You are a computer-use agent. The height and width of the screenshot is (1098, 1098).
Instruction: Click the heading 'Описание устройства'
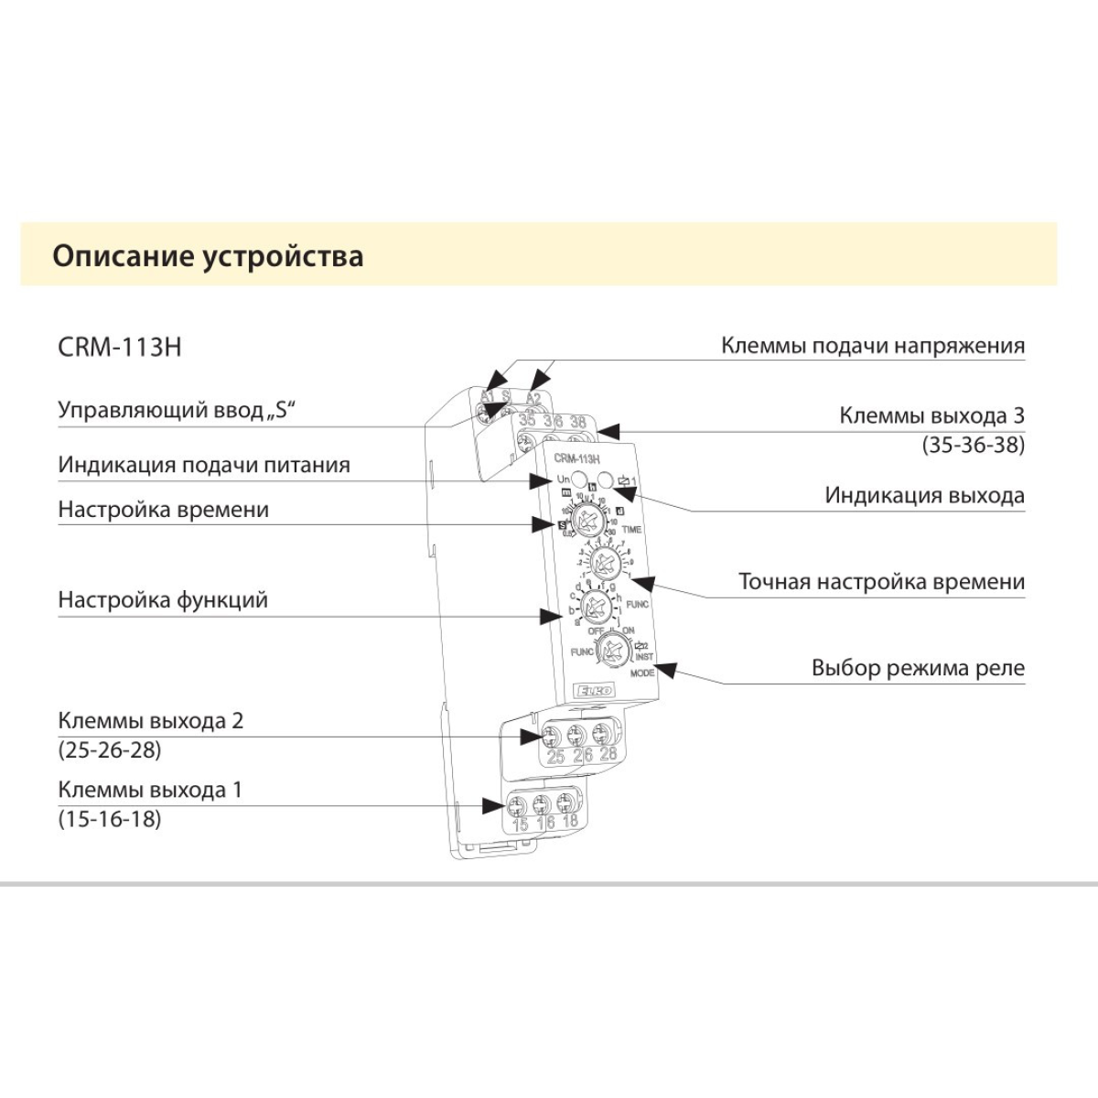point(208,255)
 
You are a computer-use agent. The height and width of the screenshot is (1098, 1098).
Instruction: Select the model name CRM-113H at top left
point(120,348)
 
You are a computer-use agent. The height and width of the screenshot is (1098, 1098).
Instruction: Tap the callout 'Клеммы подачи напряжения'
point(872,346)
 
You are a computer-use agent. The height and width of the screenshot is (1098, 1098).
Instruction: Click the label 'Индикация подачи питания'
point(204,464)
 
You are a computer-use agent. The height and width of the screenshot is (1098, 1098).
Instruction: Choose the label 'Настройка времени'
point(164,510)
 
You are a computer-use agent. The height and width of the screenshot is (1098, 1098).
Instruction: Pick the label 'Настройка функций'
point(163,600)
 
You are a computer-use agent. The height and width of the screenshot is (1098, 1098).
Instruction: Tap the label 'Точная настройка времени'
point(881,582)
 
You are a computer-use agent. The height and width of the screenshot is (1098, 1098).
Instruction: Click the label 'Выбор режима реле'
point(918,668)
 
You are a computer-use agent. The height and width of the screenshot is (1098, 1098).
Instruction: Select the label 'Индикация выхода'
point(924,496)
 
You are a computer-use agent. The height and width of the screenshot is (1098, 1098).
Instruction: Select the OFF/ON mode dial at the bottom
point(609,651)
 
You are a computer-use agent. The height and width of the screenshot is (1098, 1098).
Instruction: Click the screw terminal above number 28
point(602,734)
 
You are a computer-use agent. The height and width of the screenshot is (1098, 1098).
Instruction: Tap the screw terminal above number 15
point(519,806)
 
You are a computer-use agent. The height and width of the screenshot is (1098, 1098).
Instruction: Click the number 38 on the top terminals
point(577,423)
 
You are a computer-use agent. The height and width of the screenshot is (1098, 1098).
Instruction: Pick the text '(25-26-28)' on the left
point(110,750)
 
